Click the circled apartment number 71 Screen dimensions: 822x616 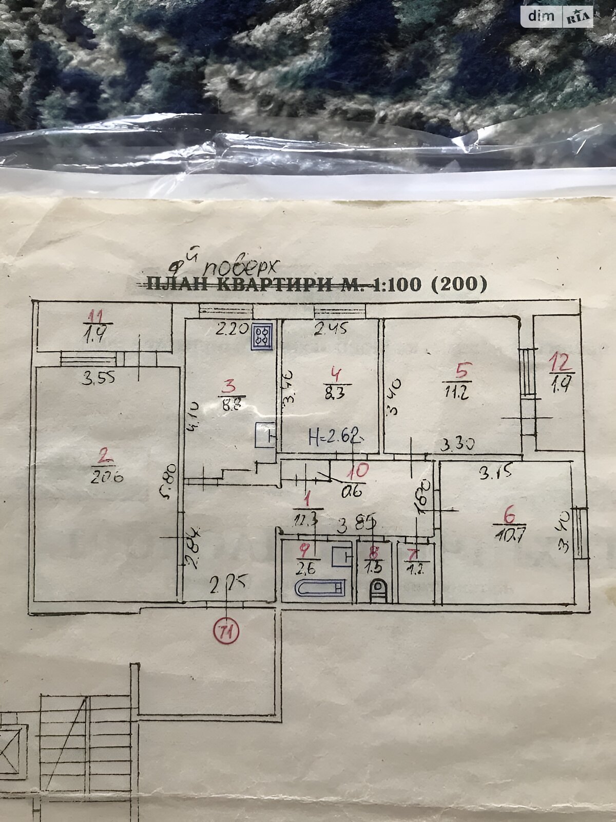click(x=226, y=631)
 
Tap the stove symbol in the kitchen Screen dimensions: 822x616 click(x=262, y=337)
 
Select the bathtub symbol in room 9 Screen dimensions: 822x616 click(x=320, y=587)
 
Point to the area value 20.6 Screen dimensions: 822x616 click(x=107, y=477)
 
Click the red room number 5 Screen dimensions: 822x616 click(x=463, y=369)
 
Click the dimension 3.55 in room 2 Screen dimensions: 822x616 click(x=99, y=378)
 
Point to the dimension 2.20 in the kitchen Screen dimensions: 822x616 click(x=232, y=329)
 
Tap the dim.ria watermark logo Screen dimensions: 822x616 click(x=557, y=17)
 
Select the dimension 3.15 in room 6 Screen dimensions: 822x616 click(x=495, y=473)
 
